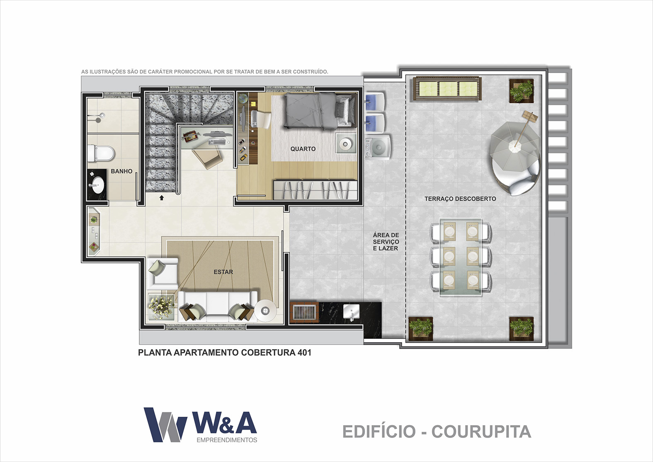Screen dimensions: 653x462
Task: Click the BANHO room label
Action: pos(121,171)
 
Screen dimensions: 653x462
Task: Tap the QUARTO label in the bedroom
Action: pos(303,149)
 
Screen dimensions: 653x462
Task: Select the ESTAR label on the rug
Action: pos(223,272)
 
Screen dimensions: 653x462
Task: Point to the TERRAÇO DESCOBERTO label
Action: pos(460,199)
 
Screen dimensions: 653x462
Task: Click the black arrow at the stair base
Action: pos(162,198)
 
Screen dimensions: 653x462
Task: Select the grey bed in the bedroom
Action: pos(320,111)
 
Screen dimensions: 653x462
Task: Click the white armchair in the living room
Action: pos(163,273)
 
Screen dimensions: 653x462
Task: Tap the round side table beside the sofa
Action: pos(265,311)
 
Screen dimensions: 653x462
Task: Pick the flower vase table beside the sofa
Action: pos(162,307)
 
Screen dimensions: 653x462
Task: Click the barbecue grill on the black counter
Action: pos(304,312)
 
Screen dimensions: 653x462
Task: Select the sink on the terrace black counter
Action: pos(351,312)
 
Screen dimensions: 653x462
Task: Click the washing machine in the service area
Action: pos(378,147)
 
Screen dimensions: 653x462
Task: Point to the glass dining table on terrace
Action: pos(461,257)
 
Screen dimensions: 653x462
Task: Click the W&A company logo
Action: pos(201,425)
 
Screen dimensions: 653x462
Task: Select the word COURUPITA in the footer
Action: pos(481,432)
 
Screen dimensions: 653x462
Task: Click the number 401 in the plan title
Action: pos(304,353)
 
